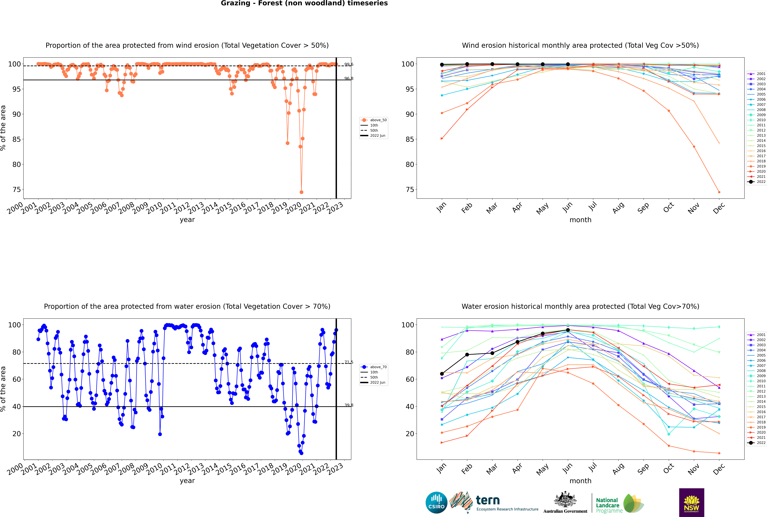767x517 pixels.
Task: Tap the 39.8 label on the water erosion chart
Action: pyautogui.click(x=349, y=405)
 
